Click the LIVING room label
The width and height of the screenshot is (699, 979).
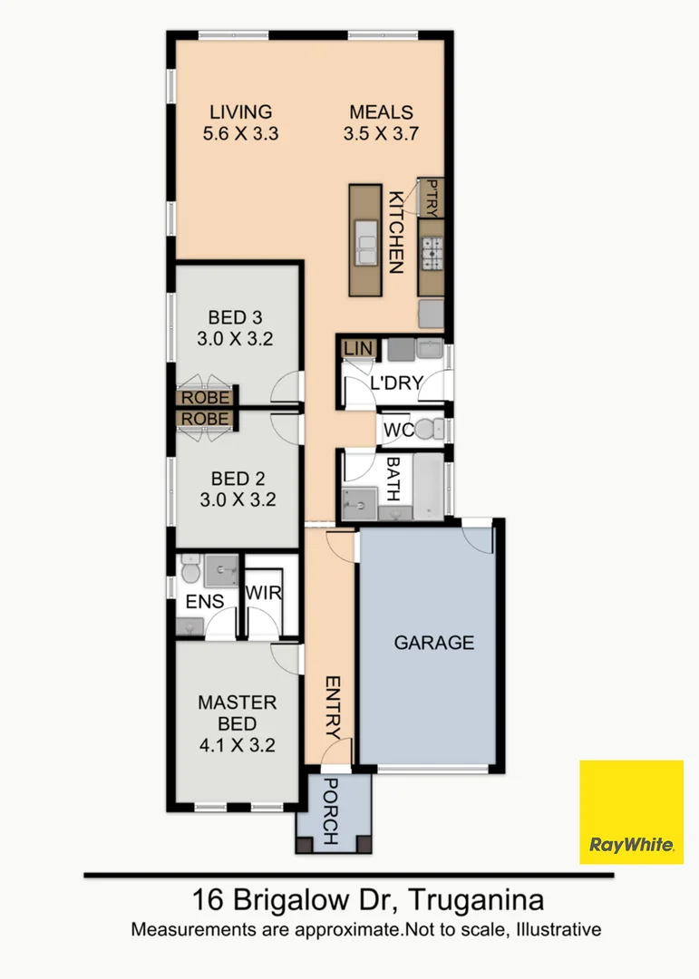(240, 112)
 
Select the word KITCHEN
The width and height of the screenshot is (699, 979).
(396, 232)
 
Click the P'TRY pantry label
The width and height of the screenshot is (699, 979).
(432, 197)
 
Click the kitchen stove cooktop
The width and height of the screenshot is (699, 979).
(431, 255)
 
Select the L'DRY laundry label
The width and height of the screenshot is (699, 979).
(396, 383)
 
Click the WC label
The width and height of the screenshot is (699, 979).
(399, 430)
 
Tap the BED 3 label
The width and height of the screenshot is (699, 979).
(235, 317)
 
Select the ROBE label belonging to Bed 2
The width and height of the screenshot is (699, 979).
(206, 418)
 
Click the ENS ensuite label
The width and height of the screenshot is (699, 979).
(204, 602)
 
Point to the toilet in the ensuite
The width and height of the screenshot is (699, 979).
(189, 570)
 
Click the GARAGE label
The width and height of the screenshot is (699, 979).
(433, 643)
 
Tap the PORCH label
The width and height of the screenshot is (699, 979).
(331, 811)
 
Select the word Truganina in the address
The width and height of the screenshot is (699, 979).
(477, 901)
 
